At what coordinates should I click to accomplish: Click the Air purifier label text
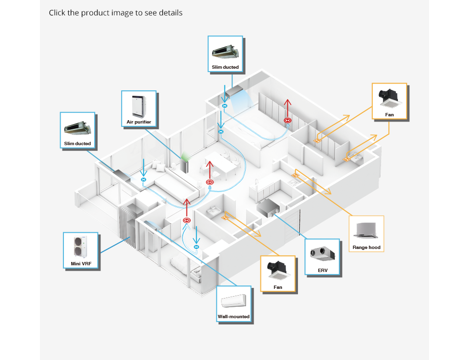coord(138,122)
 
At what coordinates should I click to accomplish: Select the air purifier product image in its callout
coord(138,106)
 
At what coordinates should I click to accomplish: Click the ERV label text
coord(322,271)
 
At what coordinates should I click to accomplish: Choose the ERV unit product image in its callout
coord(322,253)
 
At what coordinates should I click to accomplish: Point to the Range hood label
coord(366,248)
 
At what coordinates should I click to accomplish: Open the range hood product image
coord(366,230)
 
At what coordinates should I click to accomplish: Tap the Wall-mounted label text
coord(234,317)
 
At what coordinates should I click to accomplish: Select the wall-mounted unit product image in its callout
coord(234,301)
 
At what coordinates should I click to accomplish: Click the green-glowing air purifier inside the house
coord(185,164)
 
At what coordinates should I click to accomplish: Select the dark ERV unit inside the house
coord(268,208)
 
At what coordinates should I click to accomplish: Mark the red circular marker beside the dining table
coord(210,182)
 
